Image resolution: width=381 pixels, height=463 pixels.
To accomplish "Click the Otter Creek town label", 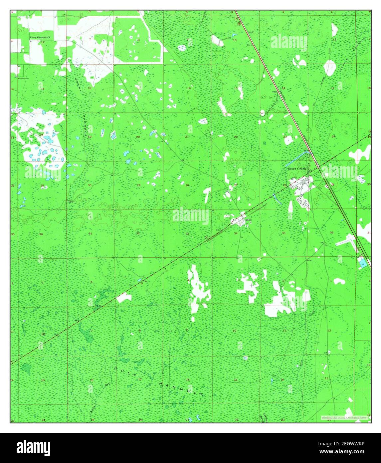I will [x=297, y=169].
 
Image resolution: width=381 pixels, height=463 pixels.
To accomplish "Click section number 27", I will [x=236, y=185].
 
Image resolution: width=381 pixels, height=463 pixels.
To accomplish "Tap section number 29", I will [x=138, y=185].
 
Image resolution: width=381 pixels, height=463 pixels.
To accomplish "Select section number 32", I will [x=138, y=233].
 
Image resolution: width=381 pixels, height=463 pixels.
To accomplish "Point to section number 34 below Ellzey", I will [x=236, y=233].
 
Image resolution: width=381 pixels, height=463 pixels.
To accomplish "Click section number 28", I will [x=187, y=185].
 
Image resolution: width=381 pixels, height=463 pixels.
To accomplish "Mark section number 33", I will [x=187, y=233].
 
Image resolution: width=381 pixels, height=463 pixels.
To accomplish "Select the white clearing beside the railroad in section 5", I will [x=124, y=297].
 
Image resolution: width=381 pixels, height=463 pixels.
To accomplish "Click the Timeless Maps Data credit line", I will [x=344, y=417].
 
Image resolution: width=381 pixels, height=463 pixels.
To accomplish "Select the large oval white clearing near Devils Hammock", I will [x=329, y=68].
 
